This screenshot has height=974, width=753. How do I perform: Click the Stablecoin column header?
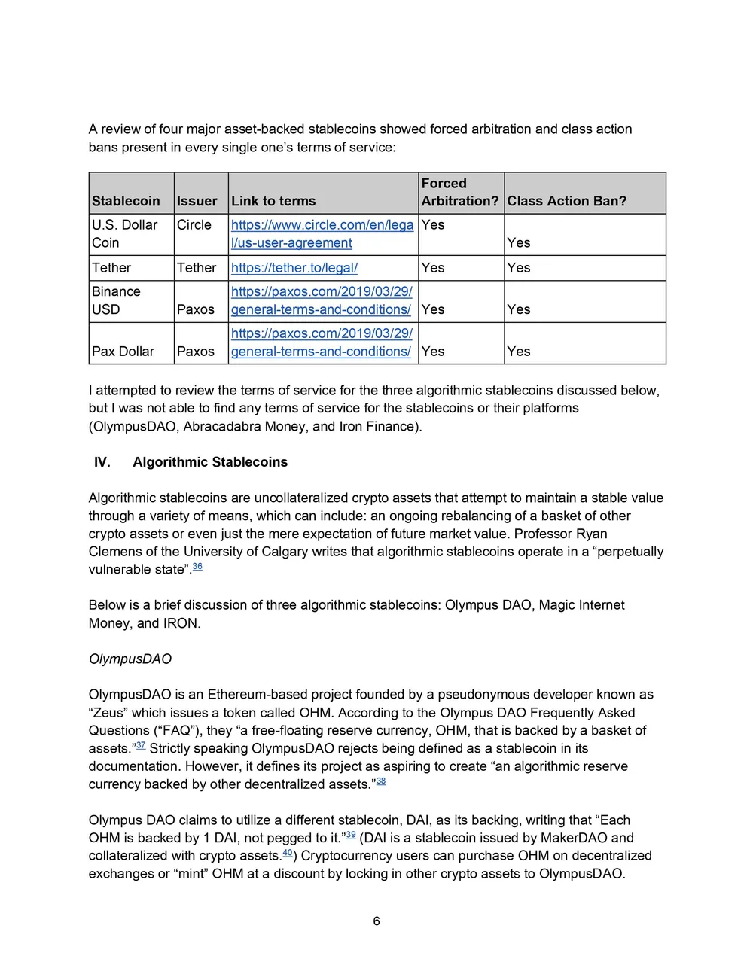126,201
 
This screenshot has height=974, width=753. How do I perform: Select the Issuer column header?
197,201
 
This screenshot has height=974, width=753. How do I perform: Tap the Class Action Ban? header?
566,201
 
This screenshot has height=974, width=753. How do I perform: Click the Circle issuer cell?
194,225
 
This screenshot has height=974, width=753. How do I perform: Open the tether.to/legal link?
294,268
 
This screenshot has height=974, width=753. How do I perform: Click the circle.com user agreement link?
322,233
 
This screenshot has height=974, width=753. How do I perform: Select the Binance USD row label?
116,300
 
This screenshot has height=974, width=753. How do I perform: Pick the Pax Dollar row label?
123,352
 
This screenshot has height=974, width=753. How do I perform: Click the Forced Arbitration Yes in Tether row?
433,268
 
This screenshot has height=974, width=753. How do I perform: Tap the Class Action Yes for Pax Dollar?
518,352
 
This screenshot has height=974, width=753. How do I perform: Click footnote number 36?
197,567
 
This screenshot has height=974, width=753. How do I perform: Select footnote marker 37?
141,745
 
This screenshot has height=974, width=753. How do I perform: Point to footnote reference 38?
381,781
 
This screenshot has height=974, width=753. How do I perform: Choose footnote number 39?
351,835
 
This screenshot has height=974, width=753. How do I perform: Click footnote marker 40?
288,853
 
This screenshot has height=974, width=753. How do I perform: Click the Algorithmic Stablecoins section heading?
210,462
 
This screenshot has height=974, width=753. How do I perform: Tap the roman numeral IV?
102,462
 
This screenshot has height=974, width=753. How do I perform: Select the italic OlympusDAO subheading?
130,659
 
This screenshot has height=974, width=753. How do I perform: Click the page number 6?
376,921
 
